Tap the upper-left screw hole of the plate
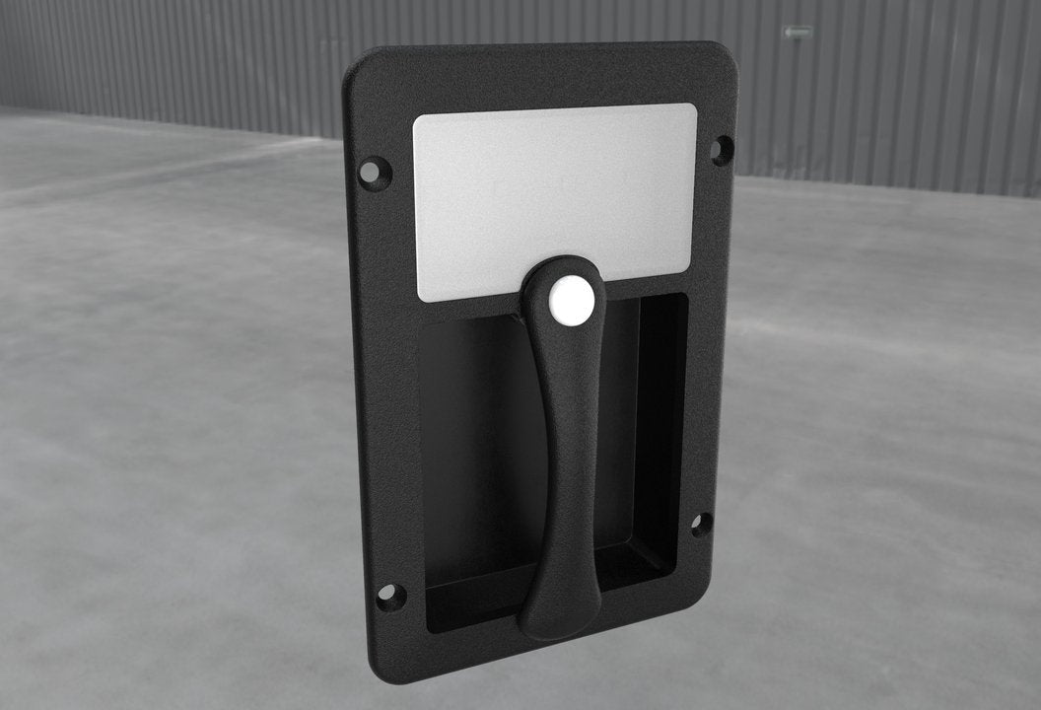click(372, 173)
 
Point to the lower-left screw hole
click(387, 596)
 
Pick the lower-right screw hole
click(700, 524)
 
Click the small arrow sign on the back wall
click(797, 33)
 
